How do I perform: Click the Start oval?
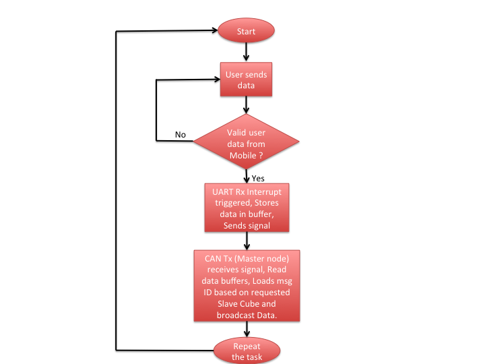coord(247,30)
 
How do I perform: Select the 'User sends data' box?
coord(247,80)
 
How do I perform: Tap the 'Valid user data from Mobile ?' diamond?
coord(247,142)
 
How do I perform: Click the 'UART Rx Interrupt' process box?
coord(247,208)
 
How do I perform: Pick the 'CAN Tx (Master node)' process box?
coord(247,286)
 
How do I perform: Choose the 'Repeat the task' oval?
coord(247,351)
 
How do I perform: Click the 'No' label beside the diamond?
coord(181,135)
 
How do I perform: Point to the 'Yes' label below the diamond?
coord(258,178)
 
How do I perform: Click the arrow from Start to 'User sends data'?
coord(247,52)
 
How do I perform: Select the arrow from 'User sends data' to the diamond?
coord(247,105)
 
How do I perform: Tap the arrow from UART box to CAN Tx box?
coord(247,241)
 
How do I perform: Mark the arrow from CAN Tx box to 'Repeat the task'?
coord(247,330)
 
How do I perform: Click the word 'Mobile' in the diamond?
coord(243,156)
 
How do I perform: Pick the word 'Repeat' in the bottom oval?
coord(247,346)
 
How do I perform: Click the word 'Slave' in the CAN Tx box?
coord(226,303)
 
